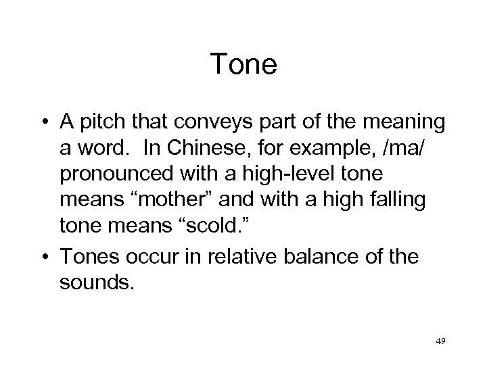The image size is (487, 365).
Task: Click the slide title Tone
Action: click(243, 66)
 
